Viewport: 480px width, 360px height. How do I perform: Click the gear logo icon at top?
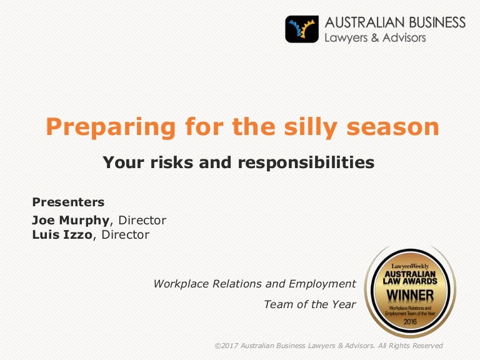tap(302, 29)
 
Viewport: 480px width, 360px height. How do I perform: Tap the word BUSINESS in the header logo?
tap(437, 22)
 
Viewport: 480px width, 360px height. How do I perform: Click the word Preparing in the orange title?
tap(111, 127)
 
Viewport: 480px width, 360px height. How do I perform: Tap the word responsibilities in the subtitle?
tap(306, 162)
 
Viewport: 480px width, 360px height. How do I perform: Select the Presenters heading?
tap(68, 202)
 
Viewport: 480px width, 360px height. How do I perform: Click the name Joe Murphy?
tap(71, 221)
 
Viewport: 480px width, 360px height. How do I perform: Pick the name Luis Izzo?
tap(62, 235)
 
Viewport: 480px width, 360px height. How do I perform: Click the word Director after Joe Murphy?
tap(142, 220)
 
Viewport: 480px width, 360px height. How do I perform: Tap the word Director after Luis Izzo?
tap(126, 235)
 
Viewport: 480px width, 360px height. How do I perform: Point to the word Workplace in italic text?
tap(181, 284)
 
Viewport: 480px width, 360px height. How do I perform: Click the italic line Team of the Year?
tap(310, 304)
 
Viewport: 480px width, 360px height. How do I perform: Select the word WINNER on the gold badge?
tap(410, 296)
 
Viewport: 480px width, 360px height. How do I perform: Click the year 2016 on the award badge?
tap(410, 321)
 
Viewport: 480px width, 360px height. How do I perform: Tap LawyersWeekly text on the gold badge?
tap(410, 266)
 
